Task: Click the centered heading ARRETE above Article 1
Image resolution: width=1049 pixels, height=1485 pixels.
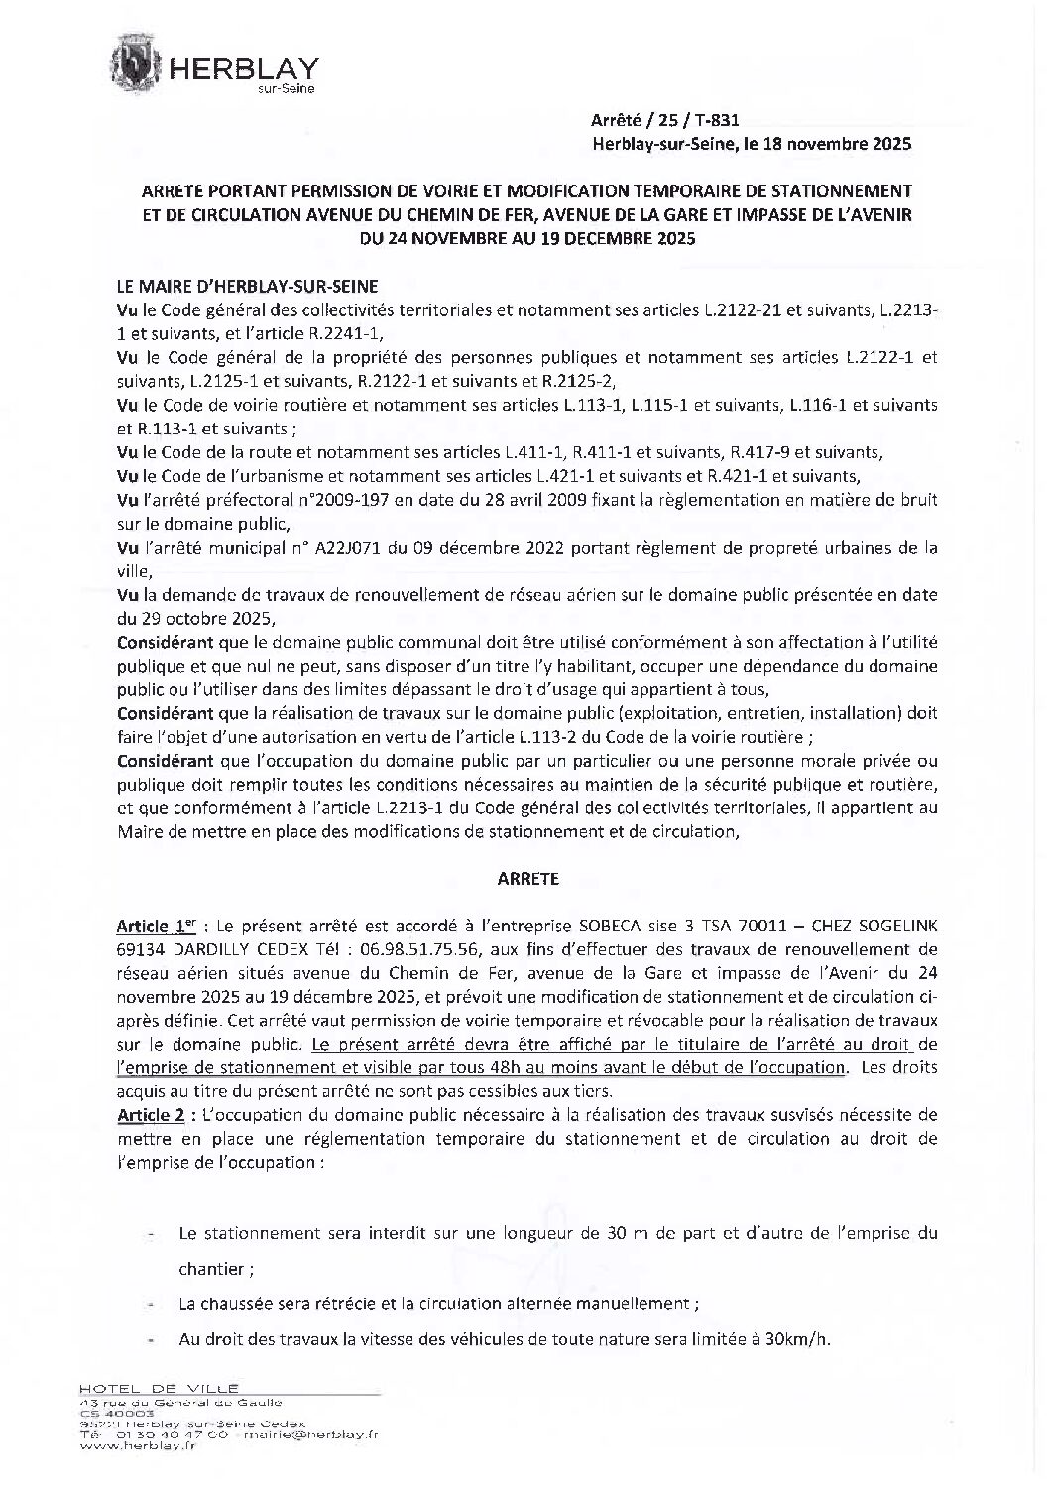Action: pos(526,878)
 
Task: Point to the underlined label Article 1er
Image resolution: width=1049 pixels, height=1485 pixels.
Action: pos(154,927)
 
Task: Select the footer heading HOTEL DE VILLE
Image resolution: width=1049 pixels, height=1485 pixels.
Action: pos(160,1388)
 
